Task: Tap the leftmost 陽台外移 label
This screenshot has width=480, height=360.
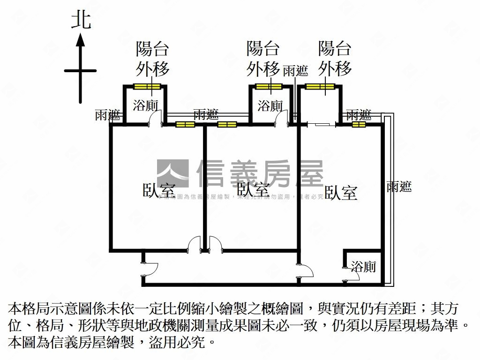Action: pos(152,59)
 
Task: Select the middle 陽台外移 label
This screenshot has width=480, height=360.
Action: pos(263,59)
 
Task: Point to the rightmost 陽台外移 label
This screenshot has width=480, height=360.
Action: pos(335,59)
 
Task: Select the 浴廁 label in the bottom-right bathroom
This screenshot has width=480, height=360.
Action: pos(363,267)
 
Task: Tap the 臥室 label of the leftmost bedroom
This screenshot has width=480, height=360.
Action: pos(159,190)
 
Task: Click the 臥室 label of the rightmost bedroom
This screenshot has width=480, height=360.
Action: pos(341,193)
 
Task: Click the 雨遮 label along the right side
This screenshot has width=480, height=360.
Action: pos(399,187)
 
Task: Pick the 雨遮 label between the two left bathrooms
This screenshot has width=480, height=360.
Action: pos(206,114)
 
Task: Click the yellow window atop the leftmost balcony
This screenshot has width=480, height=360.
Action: pos(147,86)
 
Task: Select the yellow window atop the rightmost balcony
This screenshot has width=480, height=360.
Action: pos(320,86)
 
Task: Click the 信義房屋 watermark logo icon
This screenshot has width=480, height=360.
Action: pos(172,173)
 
